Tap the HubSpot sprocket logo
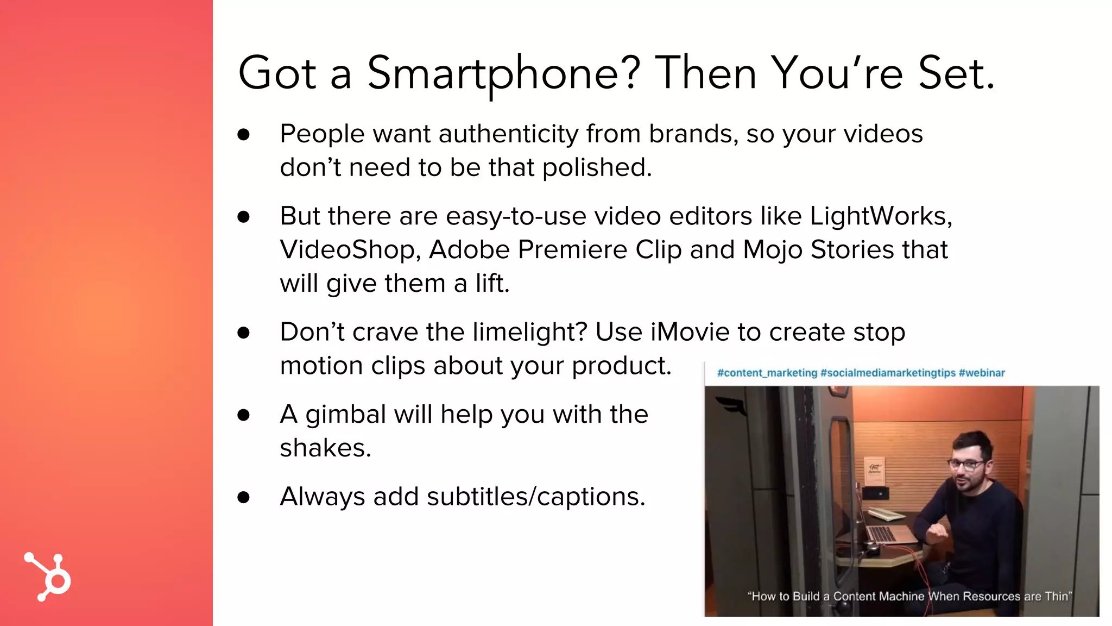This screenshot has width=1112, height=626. point(48,577)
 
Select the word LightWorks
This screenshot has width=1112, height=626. point(880,216)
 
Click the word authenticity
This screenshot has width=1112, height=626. point(509,134)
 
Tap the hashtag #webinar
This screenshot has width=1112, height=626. point(982,373)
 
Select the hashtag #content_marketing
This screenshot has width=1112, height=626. point(767,373)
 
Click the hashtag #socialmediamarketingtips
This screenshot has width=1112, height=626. point(888,373)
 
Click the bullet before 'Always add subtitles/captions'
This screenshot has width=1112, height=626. point(243,497)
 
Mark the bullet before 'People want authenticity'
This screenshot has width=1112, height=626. point(243,134)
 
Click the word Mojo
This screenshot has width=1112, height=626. point(772,250)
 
